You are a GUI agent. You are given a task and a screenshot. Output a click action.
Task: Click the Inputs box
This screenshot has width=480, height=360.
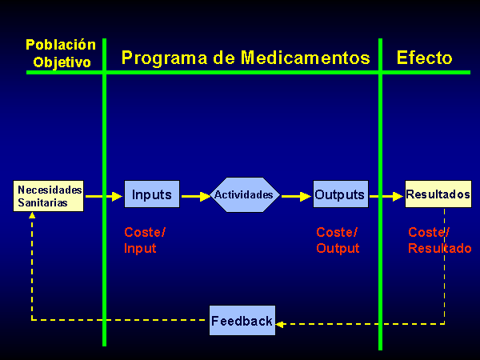152,194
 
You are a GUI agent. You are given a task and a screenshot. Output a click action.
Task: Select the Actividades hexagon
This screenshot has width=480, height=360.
245,194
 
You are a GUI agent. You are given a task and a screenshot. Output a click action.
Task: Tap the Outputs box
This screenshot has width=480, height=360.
341,194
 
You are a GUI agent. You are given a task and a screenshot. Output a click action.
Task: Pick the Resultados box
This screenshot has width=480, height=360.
438,194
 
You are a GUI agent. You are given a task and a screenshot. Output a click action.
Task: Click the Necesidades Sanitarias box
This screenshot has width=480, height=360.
48,196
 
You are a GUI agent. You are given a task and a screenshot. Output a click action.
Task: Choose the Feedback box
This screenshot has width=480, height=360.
242,320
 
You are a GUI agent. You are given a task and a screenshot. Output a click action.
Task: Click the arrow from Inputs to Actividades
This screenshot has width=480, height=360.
196,196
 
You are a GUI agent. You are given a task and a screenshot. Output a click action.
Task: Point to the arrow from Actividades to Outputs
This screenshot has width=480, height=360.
296,196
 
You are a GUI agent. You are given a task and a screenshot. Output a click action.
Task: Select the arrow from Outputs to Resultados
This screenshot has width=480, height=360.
386,196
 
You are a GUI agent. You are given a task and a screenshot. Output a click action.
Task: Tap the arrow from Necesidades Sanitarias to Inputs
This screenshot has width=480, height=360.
104,196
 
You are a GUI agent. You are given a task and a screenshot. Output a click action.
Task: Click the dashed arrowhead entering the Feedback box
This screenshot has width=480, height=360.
279,324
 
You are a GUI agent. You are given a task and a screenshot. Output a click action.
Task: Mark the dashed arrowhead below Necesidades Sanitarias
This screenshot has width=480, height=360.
32,215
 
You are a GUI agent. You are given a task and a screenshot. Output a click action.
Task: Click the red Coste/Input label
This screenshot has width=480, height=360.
145,240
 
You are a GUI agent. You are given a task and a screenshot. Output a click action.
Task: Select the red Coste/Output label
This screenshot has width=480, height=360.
338,240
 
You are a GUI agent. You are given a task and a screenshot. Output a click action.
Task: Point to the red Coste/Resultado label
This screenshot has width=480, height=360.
439,240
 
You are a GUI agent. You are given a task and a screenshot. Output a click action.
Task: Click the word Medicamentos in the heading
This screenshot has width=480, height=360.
306,58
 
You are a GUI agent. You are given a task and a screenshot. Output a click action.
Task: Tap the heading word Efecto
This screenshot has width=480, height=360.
424,58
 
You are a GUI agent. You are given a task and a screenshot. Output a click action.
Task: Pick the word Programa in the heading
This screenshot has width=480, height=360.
164,58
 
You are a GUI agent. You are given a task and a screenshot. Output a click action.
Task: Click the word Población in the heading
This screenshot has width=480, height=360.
61,45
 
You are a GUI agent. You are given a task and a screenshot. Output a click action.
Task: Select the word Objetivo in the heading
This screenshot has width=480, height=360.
62,62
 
